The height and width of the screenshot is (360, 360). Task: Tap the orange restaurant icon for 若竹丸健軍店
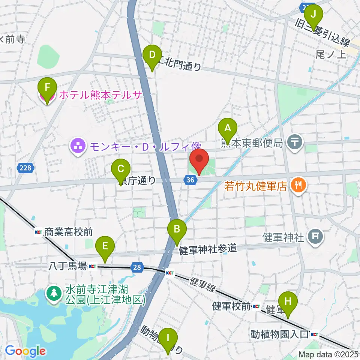(x=298, y=185)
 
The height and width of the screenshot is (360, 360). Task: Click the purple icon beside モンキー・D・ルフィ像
(x=78, y=145)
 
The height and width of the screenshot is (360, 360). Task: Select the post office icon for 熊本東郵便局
(x=295, y=142)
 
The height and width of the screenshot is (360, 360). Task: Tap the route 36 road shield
(x=190, y=180)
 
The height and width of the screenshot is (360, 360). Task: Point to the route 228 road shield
(x=25, y=168)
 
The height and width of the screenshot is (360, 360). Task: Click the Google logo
(x=25, y=351)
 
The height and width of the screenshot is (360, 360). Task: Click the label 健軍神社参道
(x=208, y=249)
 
